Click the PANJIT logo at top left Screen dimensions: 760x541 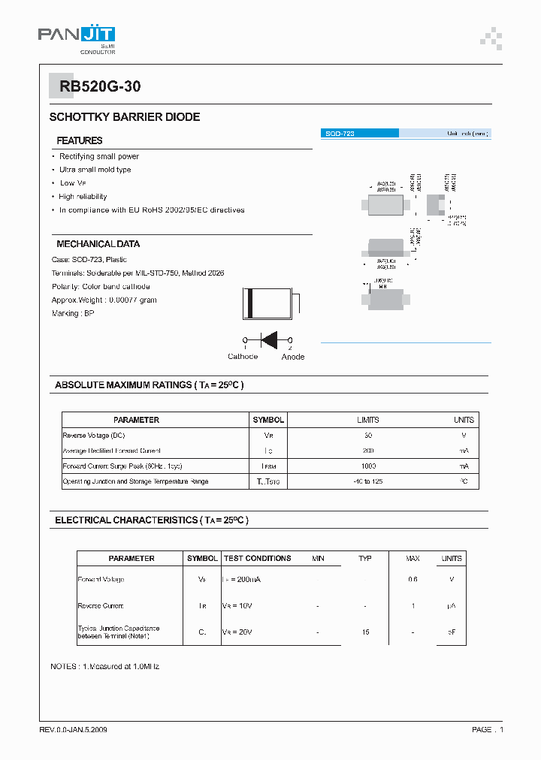click(x=76, y=38)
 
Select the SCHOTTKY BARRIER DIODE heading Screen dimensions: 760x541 click(x=125, y=117)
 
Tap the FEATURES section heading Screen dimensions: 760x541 click(x=80, y=140)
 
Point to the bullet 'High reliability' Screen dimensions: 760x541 click(x=83, y=197)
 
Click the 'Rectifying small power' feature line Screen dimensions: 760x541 click(x=99, y=156)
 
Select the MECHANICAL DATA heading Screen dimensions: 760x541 click(x=98, y=244)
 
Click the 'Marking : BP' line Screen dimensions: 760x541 click(x=73, y=313)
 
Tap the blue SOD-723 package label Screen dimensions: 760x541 click(x=359, y=133)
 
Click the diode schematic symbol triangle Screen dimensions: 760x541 click(x=268, y=339)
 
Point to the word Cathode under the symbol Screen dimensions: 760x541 click(x=243, y=357)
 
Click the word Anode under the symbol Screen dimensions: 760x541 click(x=293, y=357)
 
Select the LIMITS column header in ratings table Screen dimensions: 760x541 click(x=368, y=420)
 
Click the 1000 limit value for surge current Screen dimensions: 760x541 click(x=368, y=466)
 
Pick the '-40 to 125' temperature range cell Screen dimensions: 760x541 click(x=368, y=481)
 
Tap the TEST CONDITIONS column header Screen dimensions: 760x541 click(x=258, y=558)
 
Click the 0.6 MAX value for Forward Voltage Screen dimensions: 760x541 click(x=413, y=579)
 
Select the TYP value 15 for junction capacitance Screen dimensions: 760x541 click(x=365, y=632)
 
